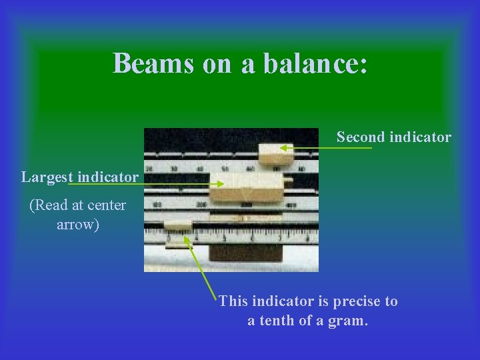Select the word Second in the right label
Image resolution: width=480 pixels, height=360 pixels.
click(x=361, y=137)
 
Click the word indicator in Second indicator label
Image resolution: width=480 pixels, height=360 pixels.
click(x=421, y=137)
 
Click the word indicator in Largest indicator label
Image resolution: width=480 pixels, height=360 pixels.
click(x=108, y=177)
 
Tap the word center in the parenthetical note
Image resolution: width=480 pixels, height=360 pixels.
click(x=107, y=205)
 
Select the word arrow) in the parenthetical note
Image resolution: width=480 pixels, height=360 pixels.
click(x=78, y=225)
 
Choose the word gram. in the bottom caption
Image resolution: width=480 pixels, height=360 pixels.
click(x=347, y=321)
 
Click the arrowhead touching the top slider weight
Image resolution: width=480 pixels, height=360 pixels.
click(x=283, y=149)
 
